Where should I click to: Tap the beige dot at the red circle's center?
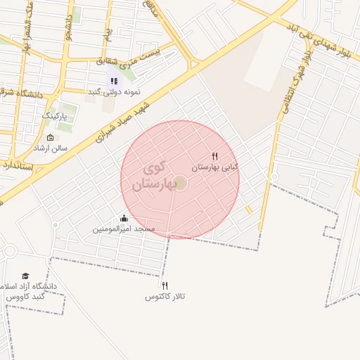(180, 183)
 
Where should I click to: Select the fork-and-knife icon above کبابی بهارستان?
(214, 156)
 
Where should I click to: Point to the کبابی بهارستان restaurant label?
(215, 167)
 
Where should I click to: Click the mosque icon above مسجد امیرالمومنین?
(124, 218)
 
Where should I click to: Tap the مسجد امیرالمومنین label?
(124, 229)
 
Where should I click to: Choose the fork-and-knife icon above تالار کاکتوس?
(165, 285)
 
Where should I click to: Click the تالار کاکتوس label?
(165, 297)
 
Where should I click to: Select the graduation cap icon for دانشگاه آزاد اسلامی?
(26, 276)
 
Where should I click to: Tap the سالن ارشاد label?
(50, 148)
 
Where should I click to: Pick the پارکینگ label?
(59, 115)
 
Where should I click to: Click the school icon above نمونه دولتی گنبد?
(114, 81)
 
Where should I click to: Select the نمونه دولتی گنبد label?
(113, 92)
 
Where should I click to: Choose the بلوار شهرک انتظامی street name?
(297, 80)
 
